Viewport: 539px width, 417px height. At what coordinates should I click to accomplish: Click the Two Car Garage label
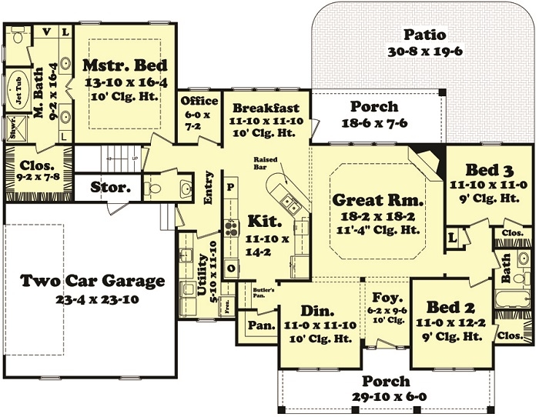click(92, 281)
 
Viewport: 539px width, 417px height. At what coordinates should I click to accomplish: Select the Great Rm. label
click(374, 201)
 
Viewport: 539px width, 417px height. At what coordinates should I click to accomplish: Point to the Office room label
click(199, 101)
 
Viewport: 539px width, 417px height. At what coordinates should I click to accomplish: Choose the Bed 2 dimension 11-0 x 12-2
click(450, 323)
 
